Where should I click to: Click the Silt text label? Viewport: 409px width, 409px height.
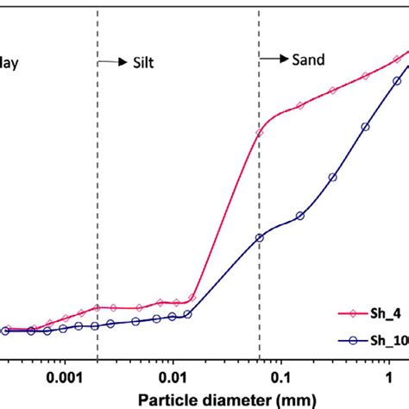click(x=141, y=62)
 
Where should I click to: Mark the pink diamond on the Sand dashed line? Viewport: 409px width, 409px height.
click(x=259, y=133)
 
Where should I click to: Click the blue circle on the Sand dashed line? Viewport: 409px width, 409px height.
click(x=259, y=237)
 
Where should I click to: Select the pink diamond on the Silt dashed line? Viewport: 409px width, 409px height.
click(x=98, y=307)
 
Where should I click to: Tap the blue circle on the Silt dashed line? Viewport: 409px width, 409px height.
click(x=98, y=325)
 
